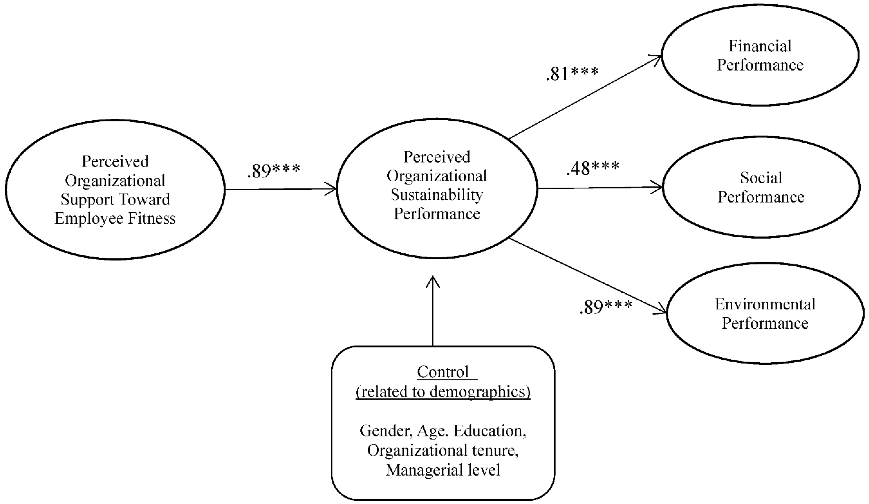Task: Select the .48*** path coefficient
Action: (593, 168)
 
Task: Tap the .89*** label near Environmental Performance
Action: (606, 307)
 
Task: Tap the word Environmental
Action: (765, 304)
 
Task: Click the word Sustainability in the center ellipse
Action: (437, 195)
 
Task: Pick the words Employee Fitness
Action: (115, 218)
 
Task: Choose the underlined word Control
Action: (443, 372)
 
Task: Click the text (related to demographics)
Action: (443, 392)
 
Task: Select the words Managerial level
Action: (443, 470)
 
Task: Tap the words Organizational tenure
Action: (443, 451)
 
